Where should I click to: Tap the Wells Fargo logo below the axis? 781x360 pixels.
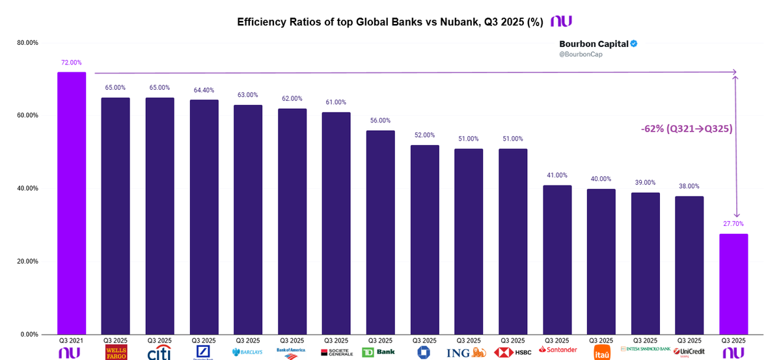(116, 352)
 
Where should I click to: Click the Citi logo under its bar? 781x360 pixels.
(159, 352)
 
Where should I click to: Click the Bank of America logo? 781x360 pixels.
(292, 352)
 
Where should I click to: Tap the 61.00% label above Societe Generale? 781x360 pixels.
(336, 102)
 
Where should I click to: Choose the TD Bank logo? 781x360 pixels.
(380, 352)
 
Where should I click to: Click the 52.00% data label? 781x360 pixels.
(424, 135)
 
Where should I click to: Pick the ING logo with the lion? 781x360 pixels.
(468, 352)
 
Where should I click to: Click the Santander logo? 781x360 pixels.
(557, 350)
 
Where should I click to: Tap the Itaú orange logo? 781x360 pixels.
(601, 353)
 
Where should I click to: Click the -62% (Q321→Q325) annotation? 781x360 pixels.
(687, 129)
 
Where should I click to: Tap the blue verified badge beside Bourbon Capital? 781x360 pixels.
(633, 44)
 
